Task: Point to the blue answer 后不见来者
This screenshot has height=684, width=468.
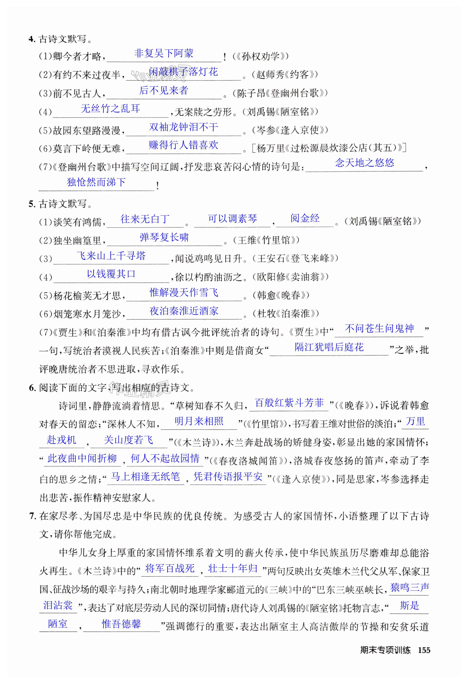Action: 164,90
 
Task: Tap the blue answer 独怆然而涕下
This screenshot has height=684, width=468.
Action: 96,182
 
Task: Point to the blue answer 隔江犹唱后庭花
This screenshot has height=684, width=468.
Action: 329,347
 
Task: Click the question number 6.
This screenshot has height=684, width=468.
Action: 32,388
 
